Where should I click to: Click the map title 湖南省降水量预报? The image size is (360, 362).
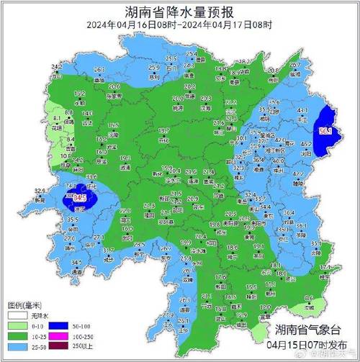pyautogui.click(x=179, y=12)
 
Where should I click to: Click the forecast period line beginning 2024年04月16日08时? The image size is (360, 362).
pyautogui.click(x=179, y=25)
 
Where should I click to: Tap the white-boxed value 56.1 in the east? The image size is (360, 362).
pyautogui.click(x=325, y=132)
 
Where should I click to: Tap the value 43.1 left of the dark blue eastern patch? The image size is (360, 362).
pyautogui.click(x=302, y=110)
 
